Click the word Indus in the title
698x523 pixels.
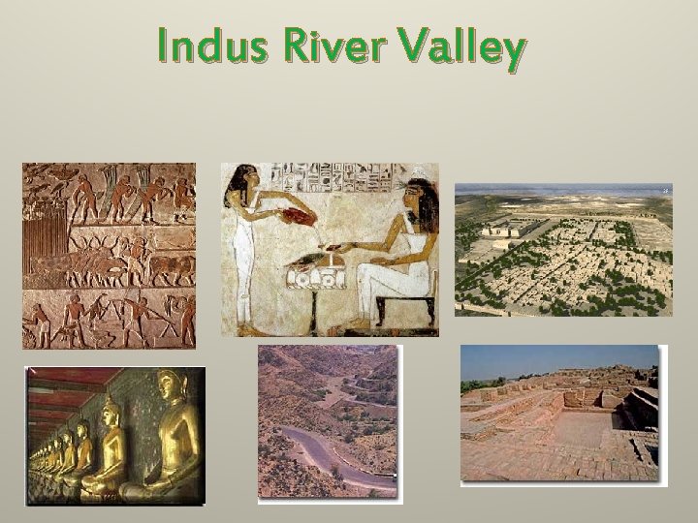202,46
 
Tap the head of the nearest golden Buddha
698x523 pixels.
172,387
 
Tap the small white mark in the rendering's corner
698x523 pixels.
665,191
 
